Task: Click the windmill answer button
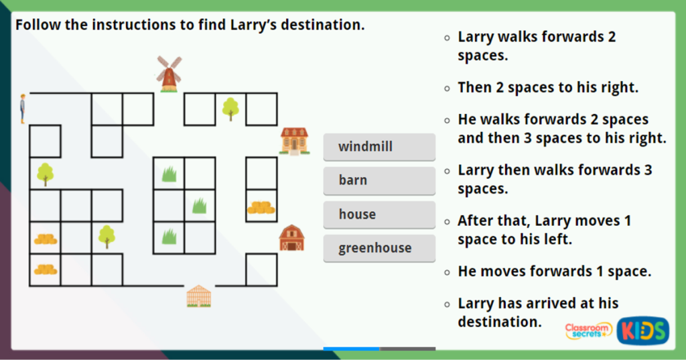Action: [x=379, y=147]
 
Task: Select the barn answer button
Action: [x=379, y=180]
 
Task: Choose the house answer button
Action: [x=379, y=215]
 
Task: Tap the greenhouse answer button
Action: [x=379, y=248]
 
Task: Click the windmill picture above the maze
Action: [x=169, y=74]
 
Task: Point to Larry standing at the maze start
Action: [x=23, y=109]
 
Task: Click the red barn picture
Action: [x=291, y=238]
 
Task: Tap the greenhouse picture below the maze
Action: [x=198, y=296]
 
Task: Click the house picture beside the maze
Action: [x=294, y=141]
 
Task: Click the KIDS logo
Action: [x=642, y=331]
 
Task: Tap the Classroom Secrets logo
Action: [x=588, y=330]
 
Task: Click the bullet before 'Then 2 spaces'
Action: [x=447, y=88]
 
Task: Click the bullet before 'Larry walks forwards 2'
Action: [x=447, y=38]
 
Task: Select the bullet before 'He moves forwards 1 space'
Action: [x=447, y=272]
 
